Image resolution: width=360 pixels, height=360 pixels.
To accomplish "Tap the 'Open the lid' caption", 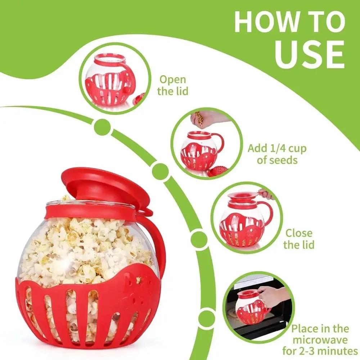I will pos(173,85).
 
